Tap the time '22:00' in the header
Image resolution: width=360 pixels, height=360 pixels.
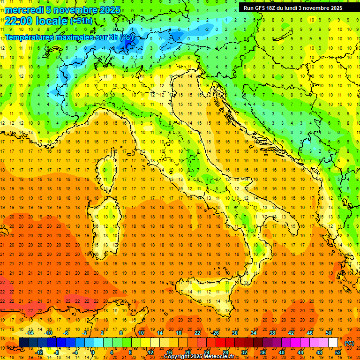[x=16, y=21]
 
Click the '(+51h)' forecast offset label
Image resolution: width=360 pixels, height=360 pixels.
[x=81, y=21]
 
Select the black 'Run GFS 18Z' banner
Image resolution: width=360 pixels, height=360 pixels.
[x=292, y=7]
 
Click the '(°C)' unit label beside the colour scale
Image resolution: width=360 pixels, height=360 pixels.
[x=349, y=343]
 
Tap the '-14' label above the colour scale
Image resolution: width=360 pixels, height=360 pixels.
[x=30, y=333]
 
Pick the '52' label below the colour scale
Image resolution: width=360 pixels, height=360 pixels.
[x=338, y=352]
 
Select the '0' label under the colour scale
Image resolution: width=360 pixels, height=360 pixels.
[x=93, y=352]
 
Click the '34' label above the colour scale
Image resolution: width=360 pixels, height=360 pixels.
[x=254, y=333]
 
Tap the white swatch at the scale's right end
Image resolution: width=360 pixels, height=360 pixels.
[x=333, y=343]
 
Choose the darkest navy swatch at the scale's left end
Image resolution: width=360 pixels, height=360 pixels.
[x=23, y=343]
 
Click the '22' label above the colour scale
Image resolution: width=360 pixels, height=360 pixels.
[x=197, y=333]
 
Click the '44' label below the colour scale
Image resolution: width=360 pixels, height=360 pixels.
[x=300, y=352]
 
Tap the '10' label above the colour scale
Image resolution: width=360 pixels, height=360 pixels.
[x=141, y=333]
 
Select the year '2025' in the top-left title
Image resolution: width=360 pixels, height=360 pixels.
[x=108, y=9]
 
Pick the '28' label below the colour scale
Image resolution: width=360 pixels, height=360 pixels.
[x=225, y=352]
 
